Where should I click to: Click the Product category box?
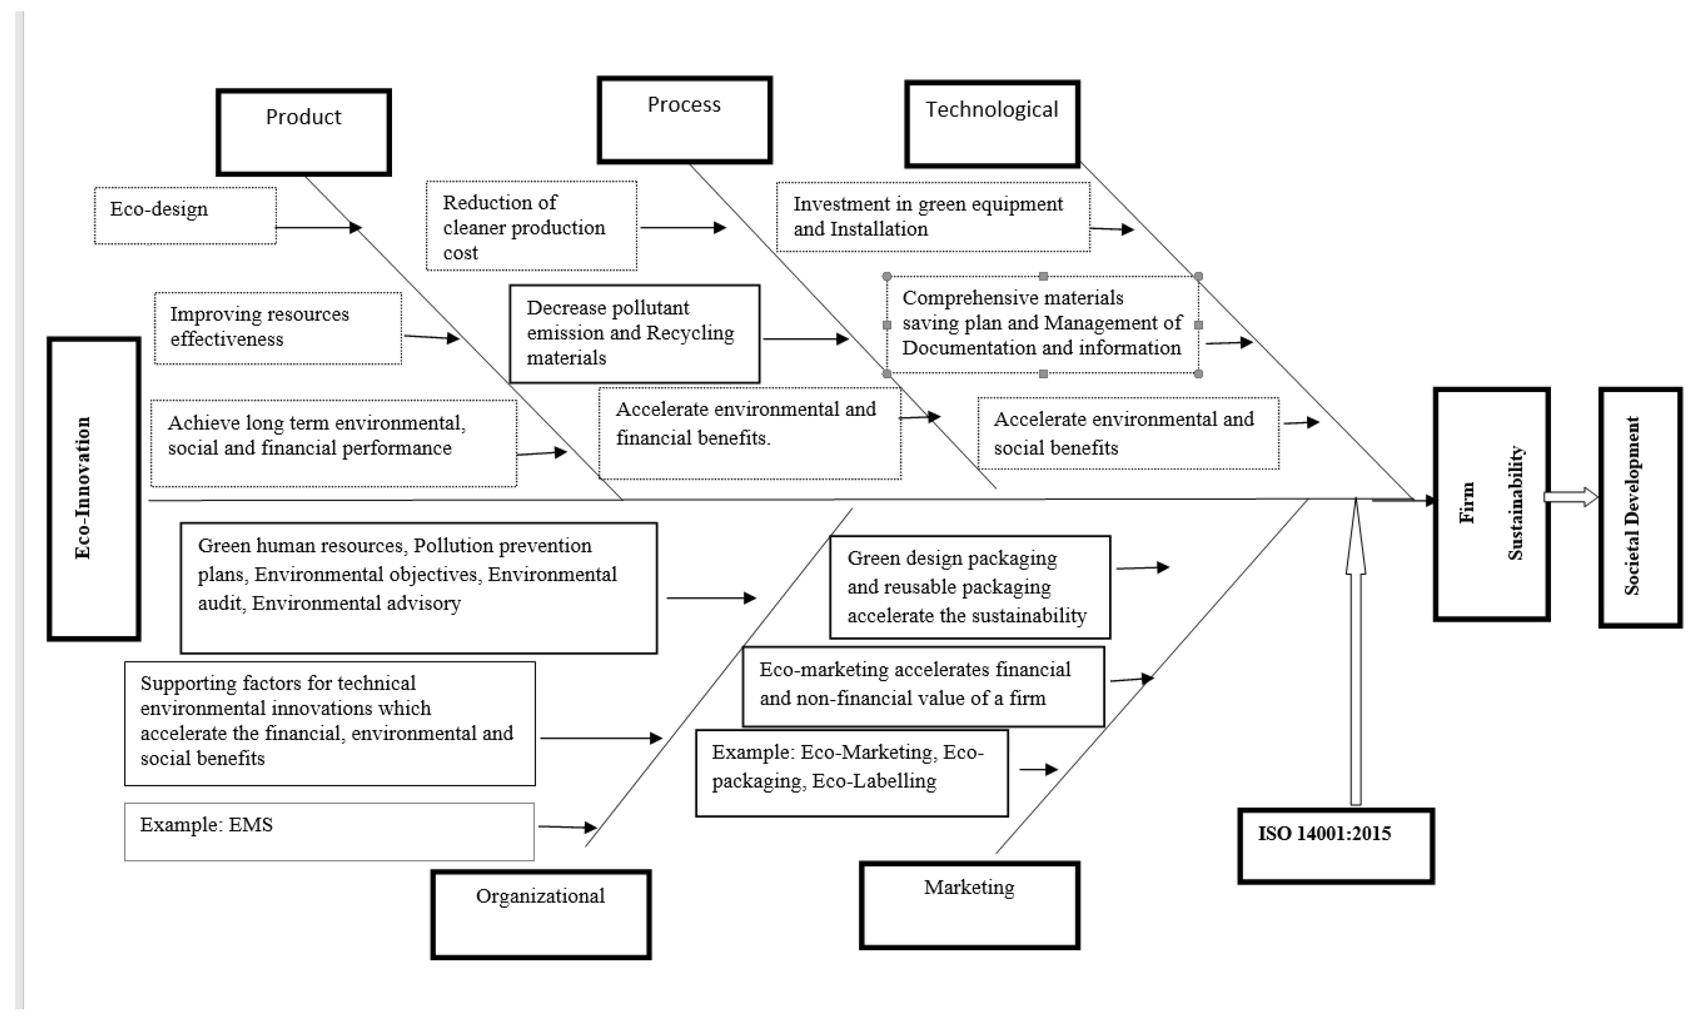coord(304,132)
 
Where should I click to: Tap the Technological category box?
coord(992,124)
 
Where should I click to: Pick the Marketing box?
coord(969,905)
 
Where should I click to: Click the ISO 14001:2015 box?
coord(1335,846)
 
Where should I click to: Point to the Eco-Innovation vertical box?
coord(94,489)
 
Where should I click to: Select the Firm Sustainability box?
coord(1491,504)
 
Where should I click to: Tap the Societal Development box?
coord(1640,507)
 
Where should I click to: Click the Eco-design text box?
coord(185,215)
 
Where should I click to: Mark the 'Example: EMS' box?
coord(329,831)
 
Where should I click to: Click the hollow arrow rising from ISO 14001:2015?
coord(1355,654)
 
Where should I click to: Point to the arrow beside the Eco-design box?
coord(318,227)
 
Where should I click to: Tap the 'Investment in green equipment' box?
coord(932,217)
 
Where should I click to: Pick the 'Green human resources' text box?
coord(418,588)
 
